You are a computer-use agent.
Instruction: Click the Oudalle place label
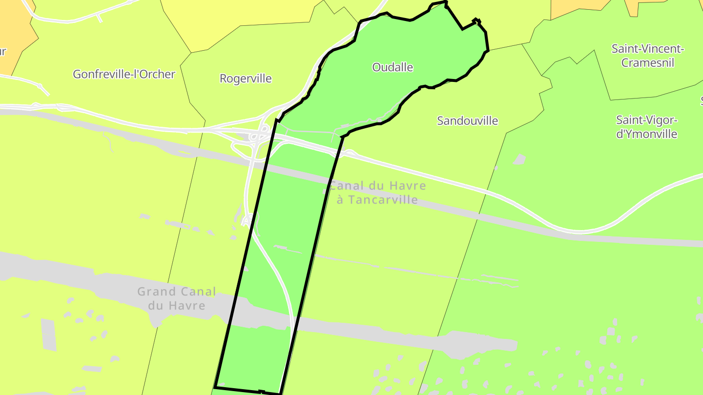pos(393,67)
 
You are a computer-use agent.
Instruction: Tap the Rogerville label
pos(246,79)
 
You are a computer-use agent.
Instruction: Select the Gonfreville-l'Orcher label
pos(124,74)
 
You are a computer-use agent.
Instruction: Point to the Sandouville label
pos(467,120)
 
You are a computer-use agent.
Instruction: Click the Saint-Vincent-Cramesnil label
pos(648,56)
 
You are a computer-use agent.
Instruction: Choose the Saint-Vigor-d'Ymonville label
pos(647,127)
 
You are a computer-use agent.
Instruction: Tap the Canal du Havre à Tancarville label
pos(377,193)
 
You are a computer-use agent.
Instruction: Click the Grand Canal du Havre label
pos(177,298)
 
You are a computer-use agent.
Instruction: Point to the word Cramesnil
pos(648,63)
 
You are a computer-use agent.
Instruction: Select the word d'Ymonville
pos(647,134)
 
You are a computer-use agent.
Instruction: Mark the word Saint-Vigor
pos(647,120)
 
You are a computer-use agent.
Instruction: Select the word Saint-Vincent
pos(648,49)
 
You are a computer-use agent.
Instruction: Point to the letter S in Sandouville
pos(440,120)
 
